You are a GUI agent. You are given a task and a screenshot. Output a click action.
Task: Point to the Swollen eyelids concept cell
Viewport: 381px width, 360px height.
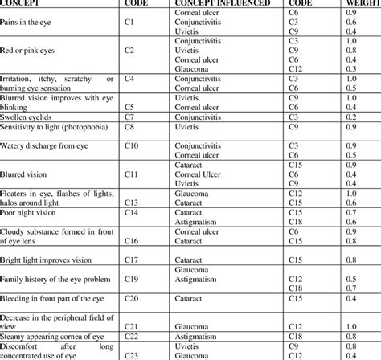coord(31,116)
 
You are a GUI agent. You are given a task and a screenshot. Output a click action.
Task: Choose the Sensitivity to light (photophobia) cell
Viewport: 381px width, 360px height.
coord(56,126)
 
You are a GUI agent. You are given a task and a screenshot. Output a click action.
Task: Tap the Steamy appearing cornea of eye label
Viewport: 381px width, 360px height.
coord(52,337)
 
